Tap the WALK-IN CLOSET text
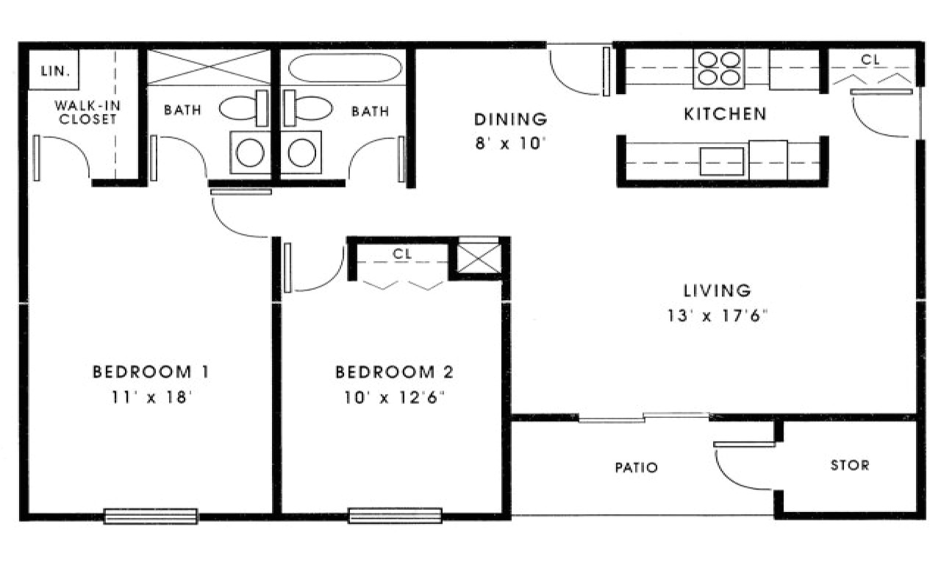click(85, 113)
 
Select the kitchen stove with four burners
click(718, 68)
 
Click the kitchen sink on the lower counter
click(721, 161)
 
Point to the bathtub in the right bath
click(345, 69)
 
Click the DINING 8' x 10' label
click(509, 130)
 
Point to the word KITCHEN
click(725, 114)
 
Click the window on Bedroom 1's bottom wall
click(151, 516)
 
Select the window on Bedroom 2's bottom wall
click(395, 516)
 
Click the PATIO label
click(636, 467)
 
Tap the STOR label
click(849, 465)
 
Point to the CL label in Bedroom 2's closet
click(401, 253)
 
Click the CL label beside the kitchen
click(870, 60)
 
